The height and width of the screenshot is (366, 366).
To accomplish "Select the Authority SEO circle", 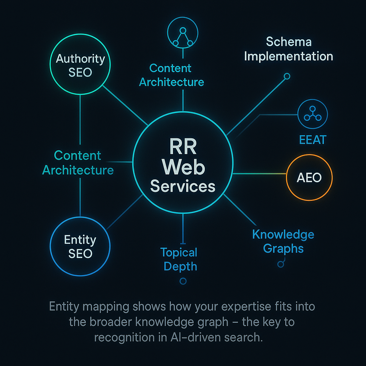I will click(x=80, y=65).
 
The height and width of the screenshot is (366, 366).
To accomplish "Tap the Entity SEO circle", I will click(x=80, y=246).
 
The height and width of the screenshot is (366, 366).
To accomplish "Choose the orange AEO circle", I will click(x=310, y=177).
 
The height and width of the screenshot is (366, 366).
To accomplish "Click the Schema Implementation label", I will click(x=288, y=49).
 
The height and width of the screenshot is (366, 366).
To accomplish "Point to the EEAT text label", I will click(x=312, y=139).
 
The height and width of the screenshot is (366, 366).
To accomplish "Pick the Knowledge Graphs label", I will click(x=283, y=241).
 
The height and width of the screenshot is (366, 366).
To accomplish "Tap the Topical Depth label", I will click(x=179, y=259).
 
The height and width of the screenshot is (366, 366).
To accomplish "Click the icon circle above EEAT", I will click(x=312, y=114).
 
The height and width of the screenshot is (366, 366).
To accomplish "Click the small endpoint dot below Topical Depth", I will click(x=183, y=281).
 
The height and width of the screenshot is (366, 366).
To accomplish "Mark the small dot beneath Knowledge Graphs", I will click(x=281, y=264).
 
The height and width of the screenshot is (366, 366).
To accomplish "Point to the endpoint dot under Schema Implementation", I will click(x=287, y=76).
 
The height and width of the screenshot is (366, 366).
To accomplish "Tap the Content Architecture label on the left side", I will click(x=78, y=163).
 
